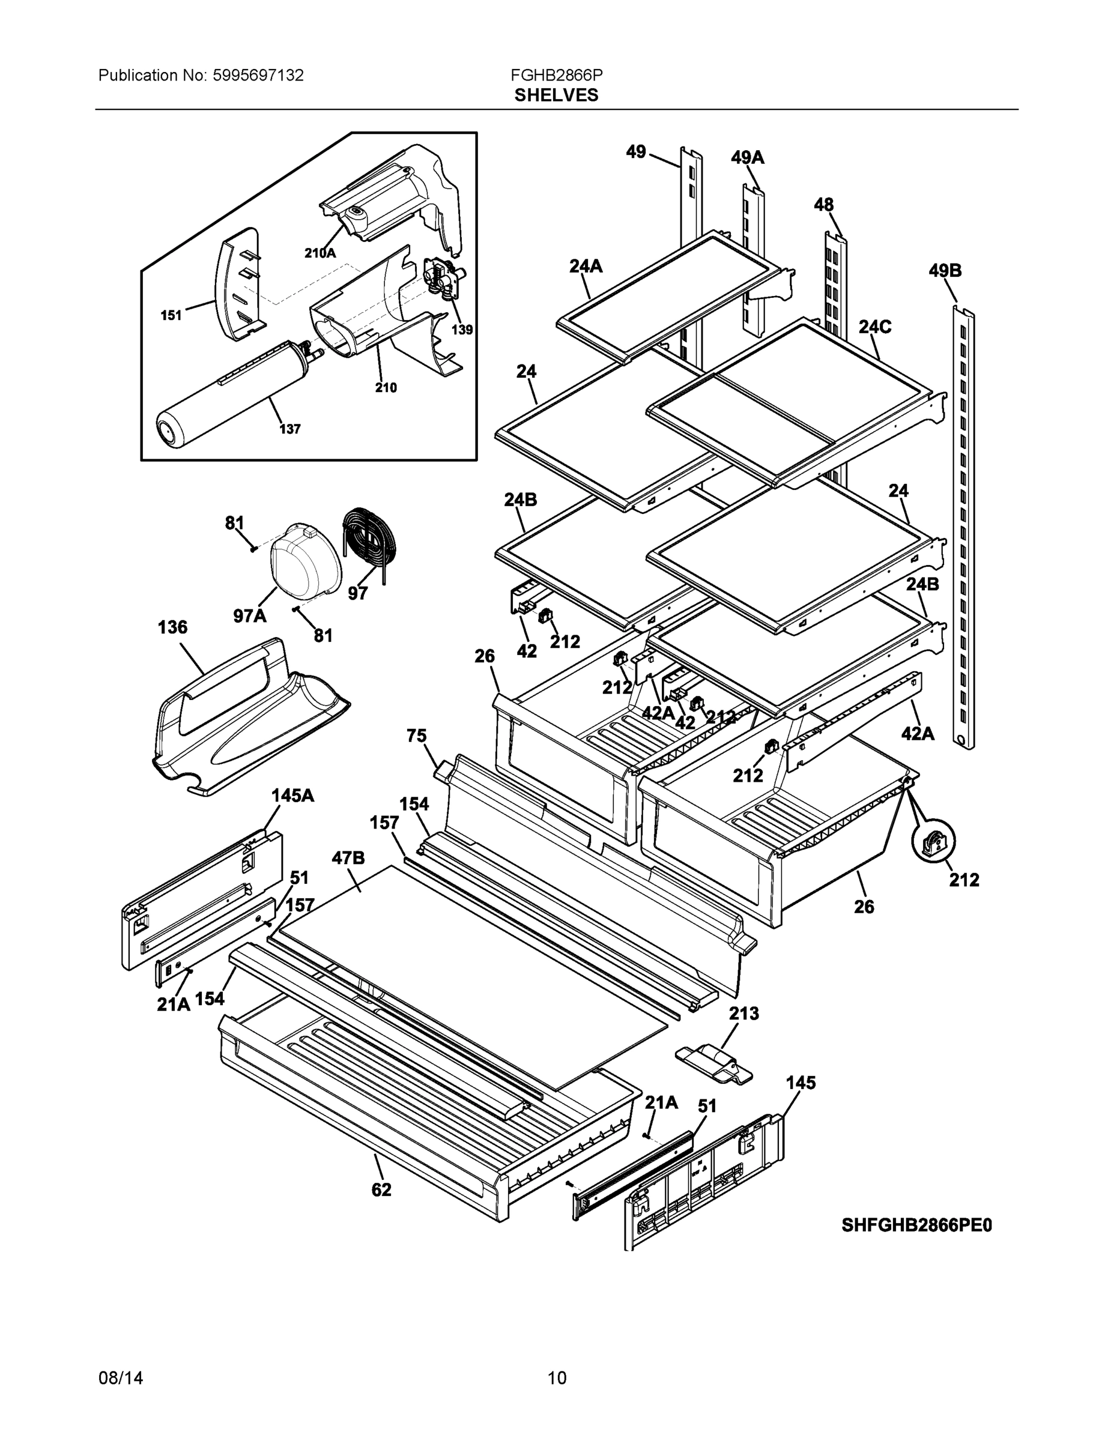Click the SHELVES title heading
coord(555,95)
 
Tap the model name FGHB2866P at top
coord(555,75)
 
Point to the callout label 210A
coord(320,253)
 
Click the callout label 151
coord(171,315)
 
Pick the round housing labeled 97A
coord(305,561)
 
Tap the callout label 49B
coord(945,271)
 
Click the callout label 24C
coord(874,327)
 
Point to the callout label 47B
coord(348,858)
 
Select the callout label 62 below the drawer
coord(381,1189)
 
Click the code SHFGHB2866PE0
coord(916,1225)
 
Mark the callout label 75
coord(416,736)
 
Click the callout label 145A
coord(292,796)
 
